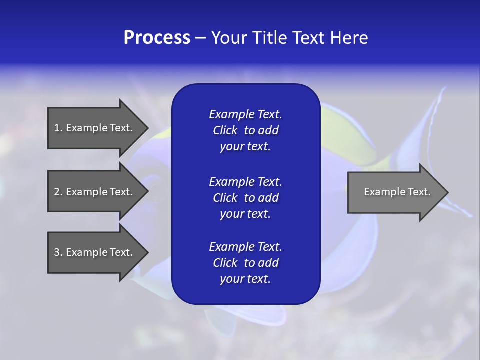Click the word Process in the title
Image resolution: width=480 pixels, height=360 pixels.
(x=157, y=38)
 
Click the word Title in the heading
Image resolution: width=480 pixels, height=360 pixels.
(x=268, y=38)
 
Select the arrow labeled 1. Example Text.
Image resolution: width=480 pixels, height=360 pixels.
(x=95, y=128)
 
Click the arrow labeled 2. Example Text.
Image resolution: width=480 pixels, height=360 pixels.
(x=95, y=192)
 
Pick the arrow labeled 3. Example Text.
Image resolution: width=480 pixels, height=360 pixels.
(x=95, y=252)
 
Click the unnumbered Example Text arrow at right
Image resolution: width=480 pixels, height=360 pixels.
(x=395, y=192)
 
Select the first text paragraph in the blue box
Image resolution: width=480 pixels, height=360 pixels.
(x=245, y=130)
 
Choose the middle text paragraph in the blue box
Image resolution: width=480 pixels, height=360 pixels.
(x=245, y=198)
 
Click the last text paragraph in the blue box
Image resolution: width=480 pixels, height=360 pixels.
(x=245, y=263)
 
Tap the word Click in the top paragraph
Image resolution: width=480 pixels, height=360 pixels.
(x=225, y=130)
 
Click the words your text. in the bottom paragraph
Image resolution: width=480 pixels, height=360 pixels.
(x=245, y=279)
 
